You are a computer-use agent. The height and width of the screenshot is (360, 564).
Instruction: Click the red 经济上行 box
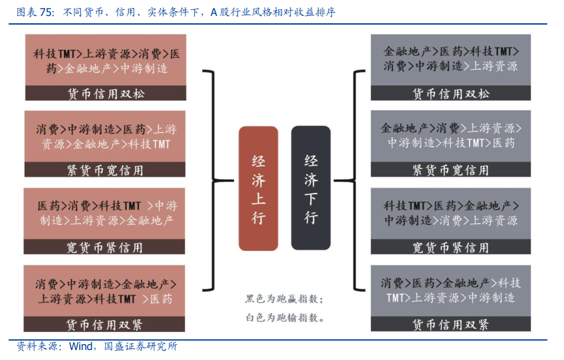pyautogui.click(x=258, y=188)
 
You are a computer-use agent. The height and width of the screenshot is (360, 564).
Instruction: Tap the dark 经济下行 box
pyautogui.click(x=311, y=188)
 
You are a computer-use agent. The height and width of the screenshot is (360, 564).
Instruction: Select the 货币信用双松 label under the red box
pyautogui.click(x=106, y=94)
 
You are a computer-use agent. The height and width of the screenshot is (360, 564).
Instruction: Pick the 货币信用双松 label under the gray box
pyautogui.click(x=451, y=94)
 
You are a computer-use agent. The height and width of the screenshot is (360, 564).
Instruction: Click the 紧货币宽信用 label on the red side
pyautogui.click(x=106, y=170)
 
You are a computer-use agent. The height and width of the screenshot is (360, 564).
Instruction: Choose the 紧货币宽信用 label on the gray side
pyautogui.click(x=451, y=170)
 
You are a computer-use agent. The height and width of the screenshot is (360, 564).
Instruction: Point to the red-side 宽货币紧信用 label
pyautogui.click(x=105, y=248)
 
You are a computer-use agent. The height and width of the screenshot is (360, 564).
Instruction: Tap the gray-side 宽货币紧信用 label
pyautogui.click(x=451, y=248)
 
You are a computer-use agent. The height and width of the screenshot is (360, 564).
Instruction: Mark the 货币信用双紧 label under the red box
pyautogui.click(x=105, y=325)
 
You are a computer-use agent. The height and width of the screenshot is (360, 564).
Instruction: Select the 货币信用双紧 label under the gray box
pyautogui.click(x=451, y=325)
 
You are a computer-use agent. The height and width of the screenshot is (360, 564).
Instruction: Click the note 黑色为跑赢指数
pyautogui.click(x=284, y=299)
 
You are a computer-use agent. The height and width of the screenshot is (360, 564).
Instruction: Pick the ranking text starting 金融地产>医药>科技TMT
pyautogui.click(x=451, y=59)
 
